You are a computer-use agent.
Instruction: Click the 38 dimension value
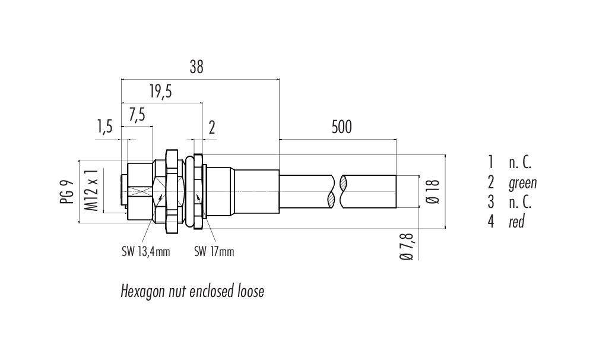(x=196, y=68)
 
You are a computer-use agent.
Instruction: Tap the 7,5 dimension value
(x=137, y=115)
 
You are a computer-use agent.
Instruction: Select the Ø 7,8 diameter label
(x=407, y=246)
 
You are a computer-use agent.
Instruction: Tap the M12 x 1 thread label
(x=91, y=190)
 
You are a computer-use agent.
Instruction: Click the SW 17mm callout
(x=214, y=252)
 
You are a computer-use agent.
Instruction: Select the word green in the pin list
(x=522, y=182)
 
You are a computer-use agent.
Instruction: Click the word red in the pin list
(x=516, y=223)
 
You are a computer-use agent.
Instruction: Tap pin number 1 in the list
(x=490, y=162)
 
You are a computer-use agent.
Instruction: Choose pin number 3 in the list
(x=490, y=202)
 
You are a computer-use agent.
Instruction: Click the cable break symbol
(x=337, y=191)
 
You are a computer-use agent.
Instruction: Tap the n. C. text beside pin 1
(x=519, y=162)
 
